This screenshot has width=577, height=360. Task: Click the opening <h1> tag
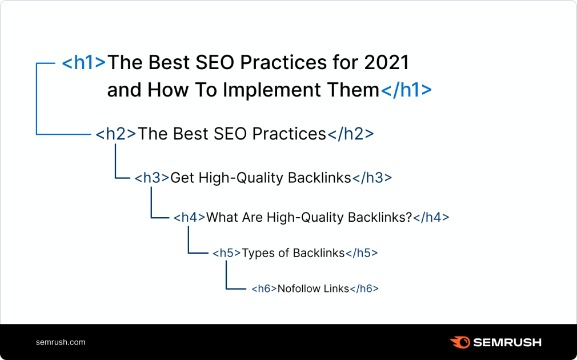coord(84,62)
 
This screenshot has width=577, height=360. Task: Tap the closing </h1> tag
coord(406,90)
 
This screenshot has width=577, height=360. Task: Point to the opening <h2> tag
coord(116,134)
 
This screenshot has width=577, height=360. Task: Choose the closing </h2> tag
coord(350,134)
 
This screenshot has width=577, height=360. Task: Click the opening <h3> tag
coord(152,178)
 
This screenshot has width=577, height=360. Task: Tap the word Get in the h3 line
coord(183,178)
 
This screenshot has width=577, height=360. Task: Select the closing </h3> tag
coord(372,178)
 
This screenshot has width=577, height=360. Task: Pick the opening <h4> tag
coord(189,217)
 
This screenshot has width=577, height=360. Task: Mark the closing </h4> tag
coord(431,217)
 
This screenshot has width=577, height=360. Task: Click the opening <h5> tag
coord(227,253)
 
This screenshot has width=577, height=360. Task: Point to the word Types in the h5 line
coord(257,253)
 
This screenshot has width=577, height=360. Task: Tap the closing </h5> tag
coord(362,253)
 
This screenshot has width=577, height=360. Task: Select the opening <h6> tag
coord(264,289)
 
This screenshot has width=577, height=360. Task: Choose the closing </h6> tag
coord(364,289)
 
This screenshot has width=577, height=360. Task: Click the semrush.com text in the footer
coord(61,342)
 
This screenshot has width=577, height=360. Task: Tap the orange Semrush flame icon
coord(460,342)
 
